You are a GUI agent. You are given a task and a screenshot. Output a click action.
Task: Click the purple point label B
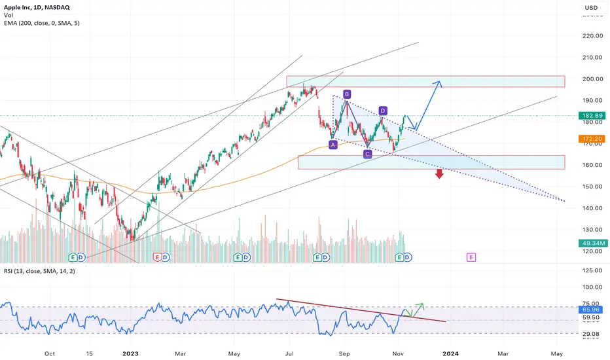pos(347,94)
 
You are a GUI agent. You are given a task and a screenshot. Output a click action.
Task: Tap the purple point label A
pos(333,145)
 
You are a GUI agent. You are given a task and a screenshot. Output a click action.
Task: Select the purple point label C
pos(367,154)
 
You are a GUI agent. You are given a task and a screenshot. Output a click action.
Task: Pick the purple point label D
pos(383,111)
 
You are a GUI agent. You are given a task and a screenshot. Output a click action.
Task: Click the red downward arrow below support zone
pos(439,173)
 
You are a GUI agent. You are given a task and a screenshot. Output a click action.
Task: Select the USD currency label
pos(590,9)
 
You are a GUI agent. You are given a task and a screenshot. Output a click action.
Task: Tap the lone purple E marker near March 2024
pos(471,258)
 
